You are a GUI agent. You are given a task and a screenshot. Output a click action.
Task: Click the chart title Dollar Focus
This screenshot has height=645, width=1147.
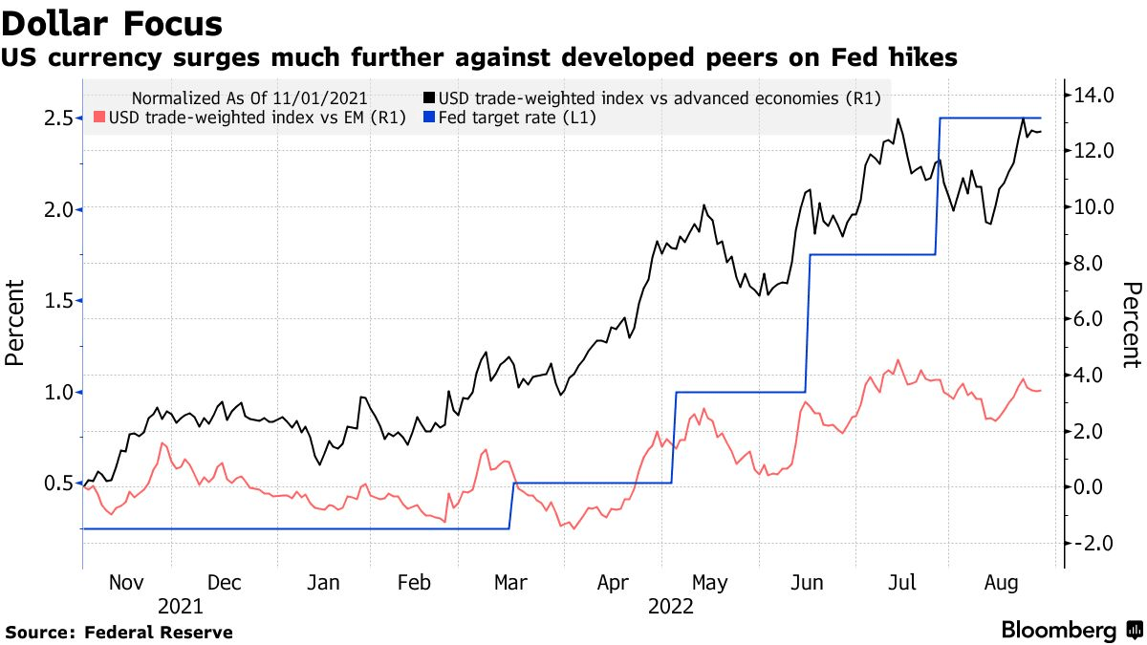113,23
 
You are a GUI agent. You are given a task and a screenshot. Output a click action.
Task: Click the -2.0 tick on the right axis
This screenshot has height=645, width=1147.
1093,543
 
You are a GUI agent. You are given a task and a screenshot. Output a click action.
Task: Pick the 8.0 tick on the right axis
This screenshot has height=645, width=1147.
1093,263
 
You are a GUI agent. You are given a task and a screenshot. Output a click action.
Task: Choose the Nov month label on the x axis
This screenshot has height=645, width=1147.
126,582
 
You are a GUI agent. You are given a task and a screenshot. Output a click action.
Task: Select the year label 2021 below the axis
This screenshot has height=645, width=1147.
180,606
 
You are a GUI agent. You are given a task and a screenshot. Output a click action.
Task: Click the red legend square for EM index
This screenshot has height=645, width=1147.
98,118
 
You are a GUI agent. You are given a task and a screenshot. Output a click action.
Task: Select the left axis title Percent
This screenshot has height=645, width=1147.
14,322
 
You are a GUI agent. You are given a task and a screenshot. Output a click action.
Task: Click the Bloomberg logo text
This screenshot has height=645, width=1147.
1059,631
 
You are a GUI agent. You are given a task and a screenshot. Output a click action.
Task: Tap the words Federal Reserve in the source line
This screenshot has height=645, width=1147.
159,633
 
